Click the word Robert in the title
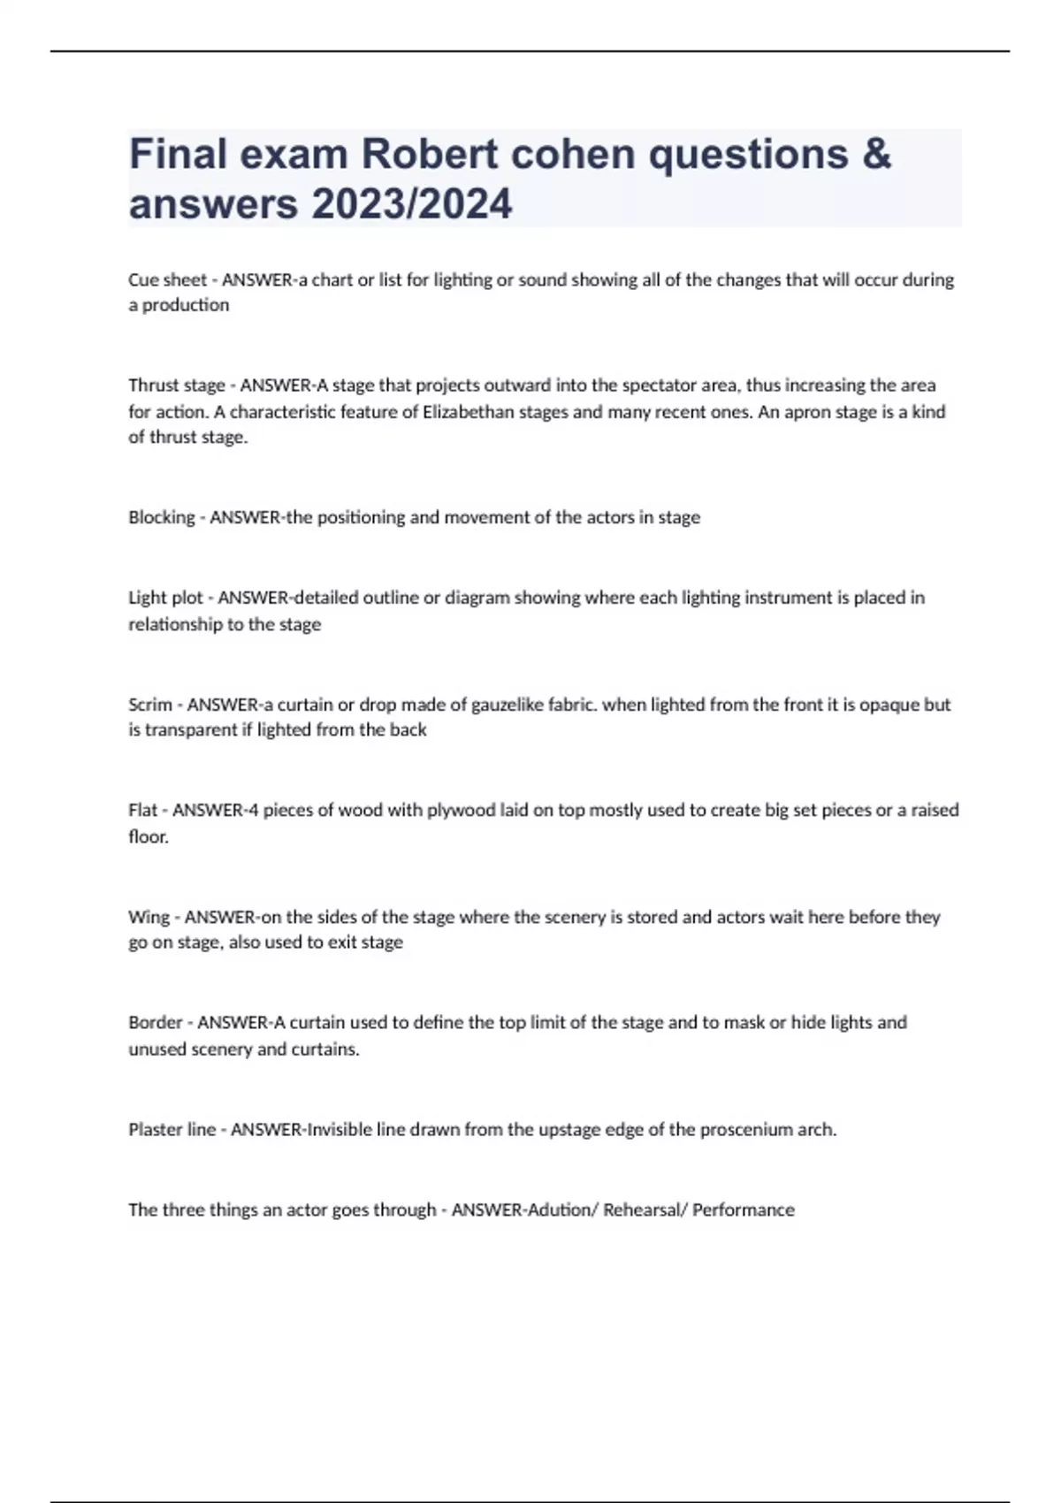click(x=428, y=154)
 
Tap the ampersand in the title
click(x=874, y=154)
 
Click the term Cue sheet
click(x=167, y=280)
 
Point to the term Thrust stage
click(x=177, y=385)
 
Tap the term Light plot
click(x=165, y=598)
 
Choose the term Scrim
click(x=149, y=705)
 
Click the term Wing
click(x=149, y=917)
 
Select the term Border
click(x=156, y=1023)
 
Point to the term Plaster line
click(x=172, y=1129)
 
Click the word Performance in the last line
click(x=743, y=1209)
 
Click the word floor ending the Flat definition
click(x=148, y=836)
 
